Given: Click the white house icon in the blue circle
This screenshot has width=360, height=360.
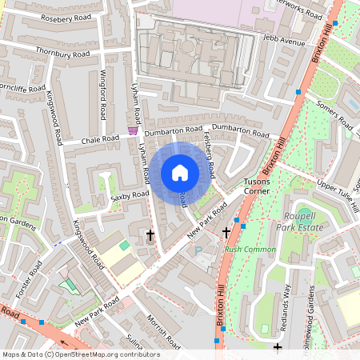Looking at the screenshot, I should (x=180, y=172).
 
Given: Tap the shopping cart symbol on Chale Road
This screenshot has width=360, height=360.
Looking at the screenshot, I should (x=132, y=130).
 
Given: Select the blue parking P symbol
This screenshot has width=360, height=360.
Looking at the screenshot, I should (x=198, y=251).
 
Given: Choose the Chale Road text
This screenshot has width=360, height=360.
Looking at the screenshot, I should (x=100, y=139).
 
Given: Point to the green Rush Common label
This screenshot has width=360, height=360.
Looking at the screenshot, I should (x=250, y=250).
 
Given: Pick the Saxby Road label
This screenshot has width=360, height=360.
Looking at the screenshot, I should (x=130, y=194).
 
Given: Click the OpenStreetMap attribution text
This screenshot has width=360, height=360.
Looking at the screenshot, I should (x=81, y=354).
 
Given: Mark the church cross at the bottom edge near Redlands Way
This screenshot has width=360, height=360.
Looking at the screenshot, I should (x=278, y=347).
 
